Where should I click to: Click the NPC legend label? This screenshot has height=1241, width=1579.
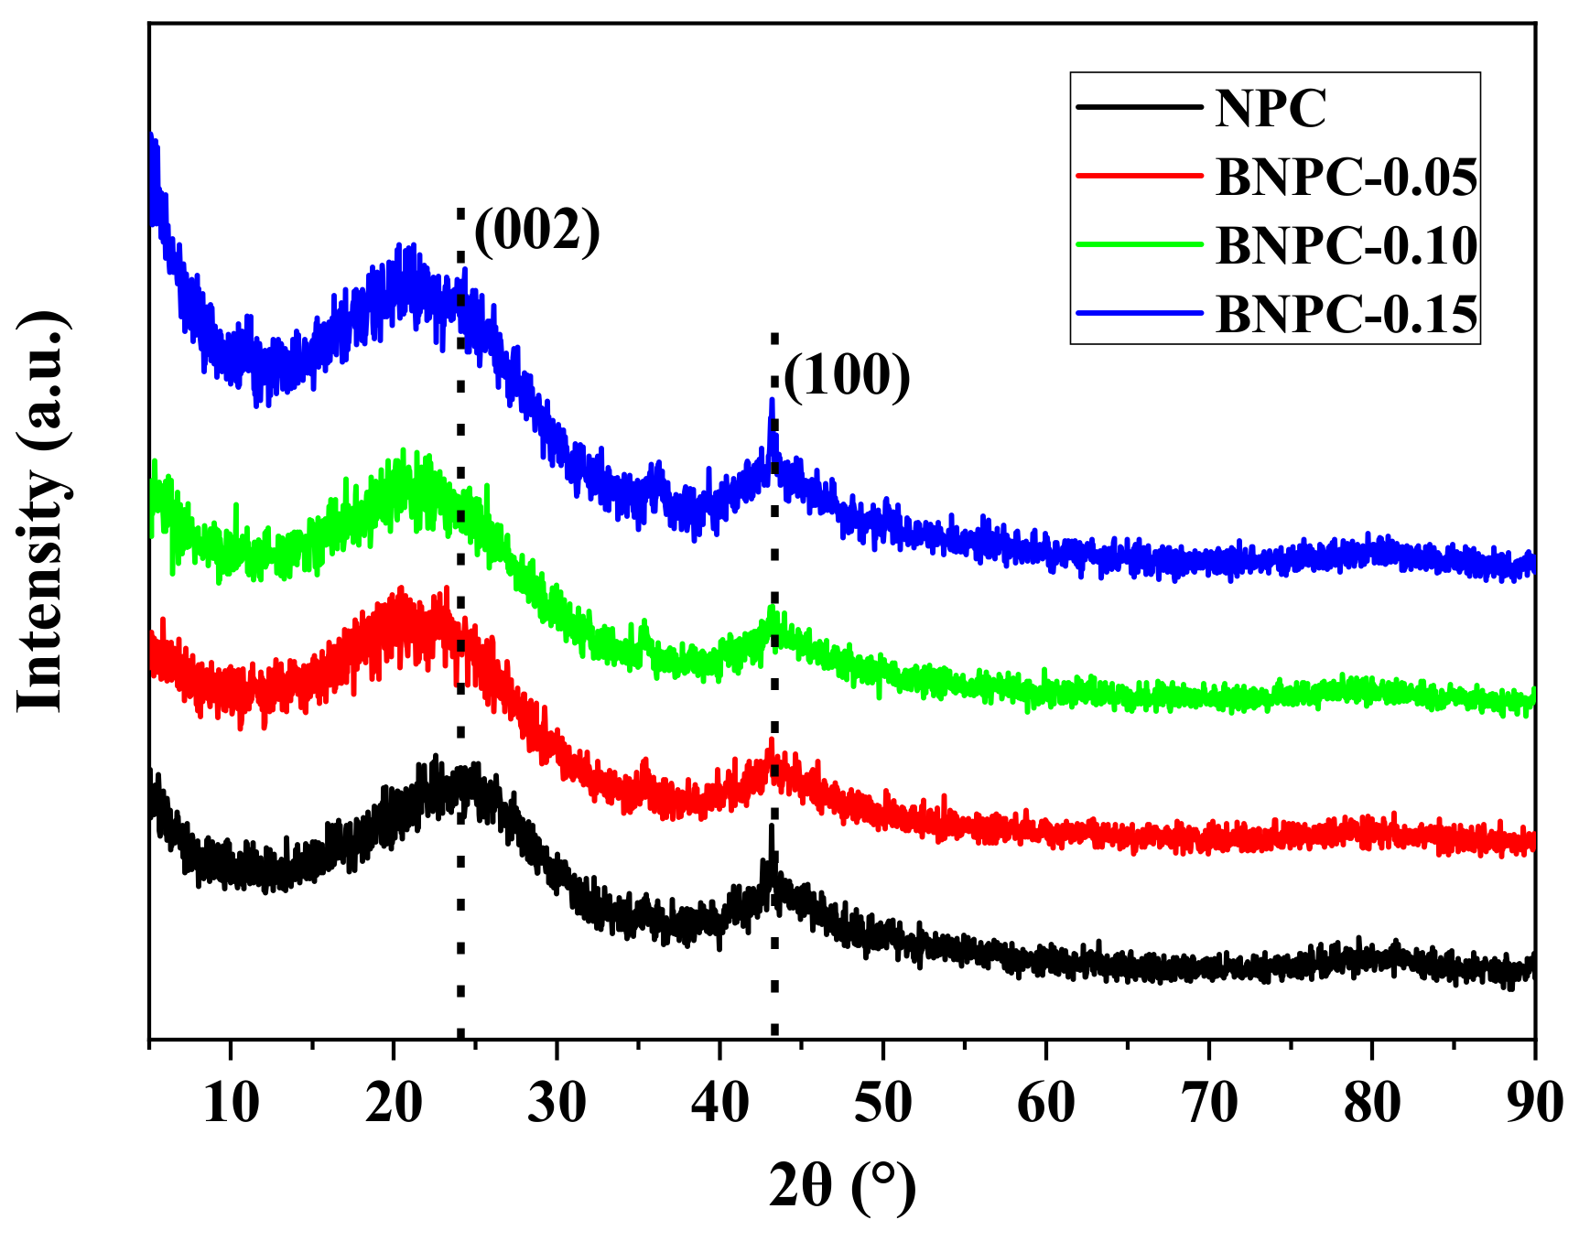click(1271, 108)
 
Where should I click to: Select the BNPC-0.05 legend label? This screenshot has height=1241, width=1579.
click(1346, 177)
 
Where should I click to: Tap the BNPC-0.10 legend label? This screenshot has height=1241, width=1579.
click(1346, 245)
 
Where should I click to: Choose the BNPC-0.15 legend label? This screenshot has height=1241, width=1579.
click(1346, 314)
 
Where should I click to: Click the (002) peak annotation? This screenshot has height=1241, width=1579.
click(537, 230)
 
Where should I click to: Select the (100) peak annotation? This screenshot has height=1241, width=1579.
click(848, 376)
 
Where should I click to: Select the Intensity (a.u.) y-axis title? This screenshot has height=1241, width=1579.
click(41, 511)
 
